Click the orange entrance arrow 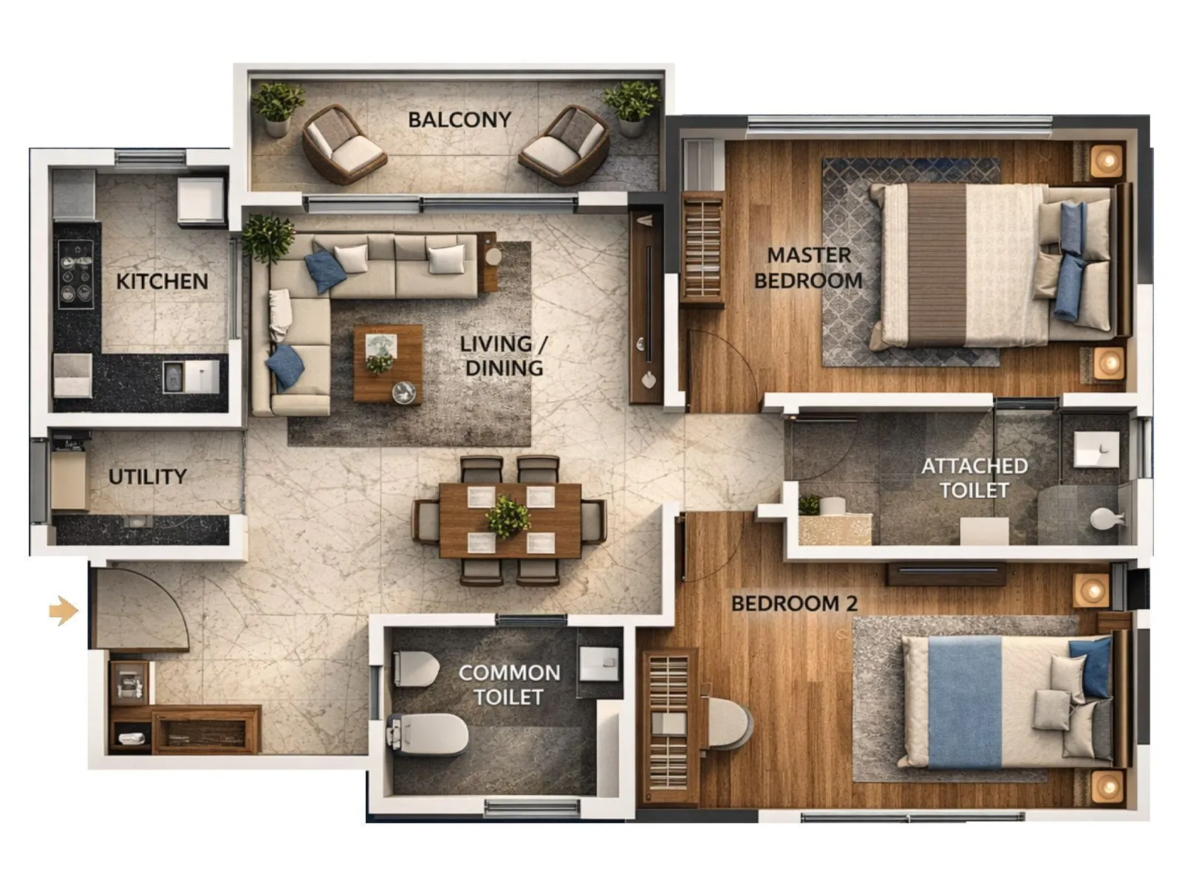tap(64, 611)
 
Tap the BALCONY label tap(460, 120)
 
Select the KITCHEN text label tap(162, 281)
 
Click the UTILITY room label tap(147, 477)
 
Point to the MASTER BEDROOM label tap(808, 268)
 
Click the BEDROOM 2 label tap(794, 604)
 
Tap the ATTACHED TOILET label tap(974, 478)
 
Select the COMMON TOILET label tap(509, 684)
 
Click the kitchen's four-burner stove tap(76, 275)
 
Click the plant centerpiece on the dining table tap(508, 515)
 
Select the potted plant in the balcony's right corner tap(632, 107)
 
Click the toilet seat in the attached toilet tap(1106, 518)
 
